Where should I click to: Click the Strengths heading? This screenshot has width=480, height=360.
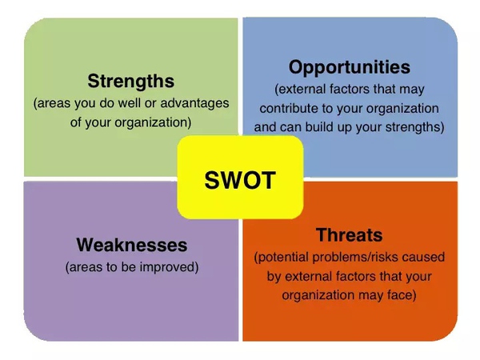(x=131, y=82)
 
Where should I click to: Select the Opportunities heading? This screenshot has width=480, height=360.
(x=350, y=68)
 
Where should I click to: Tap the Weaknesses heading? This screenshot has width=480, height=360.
(x=132, y=245)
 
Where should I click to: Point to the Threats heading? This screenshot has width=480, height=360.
(x=350, y=234)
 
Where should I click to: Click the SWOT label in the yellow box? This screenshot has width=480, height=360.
(x=240, y=180)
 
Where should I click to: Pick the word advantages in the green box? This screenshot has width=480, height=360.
(x=194, y=103)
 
